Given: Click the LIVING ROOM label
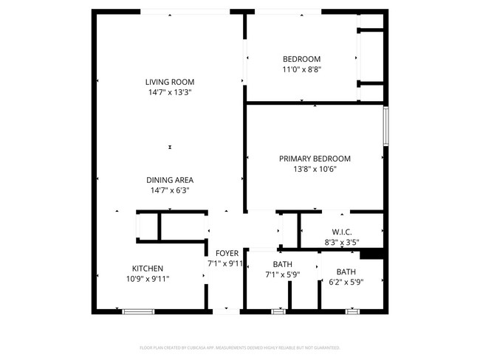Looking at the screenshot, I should coord(169,82).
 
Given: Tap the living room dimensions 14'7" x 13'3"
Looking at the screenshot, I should coord(169,92).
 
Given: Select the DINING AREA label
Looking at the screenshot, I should coord(169,180).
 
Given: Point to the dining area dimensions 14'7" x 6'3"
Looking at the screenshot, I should coord(169,190).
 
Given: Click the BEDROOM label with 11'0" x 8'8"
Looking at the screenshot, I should coord(301,59).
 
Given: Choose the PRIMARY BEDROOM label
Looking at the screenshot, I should coord(315,159).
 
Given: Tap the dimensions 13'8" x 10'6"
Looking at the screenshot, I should coord(315,169).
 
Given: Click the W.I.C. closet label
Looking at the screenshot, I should coord(341,232).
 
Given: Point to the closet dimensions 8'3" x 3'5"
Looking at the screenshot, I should coord(341,241).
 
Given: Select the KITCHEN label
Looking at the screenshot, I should coord(148,269).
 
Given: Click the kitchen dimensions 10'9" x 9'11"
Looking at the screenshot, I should coord(148,279).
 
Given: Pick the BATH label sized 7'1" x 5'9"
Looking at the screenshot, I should coord(282,264).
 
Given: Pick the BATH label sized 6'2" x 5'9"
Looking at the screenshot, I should coord(346,271).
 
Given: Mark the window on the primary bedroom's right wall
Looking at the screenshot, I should coord(385,126).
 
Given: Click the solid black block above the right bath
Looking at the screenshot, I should coord(373,254).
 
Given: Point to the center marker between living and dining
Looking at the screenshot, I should coord(170,148).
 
